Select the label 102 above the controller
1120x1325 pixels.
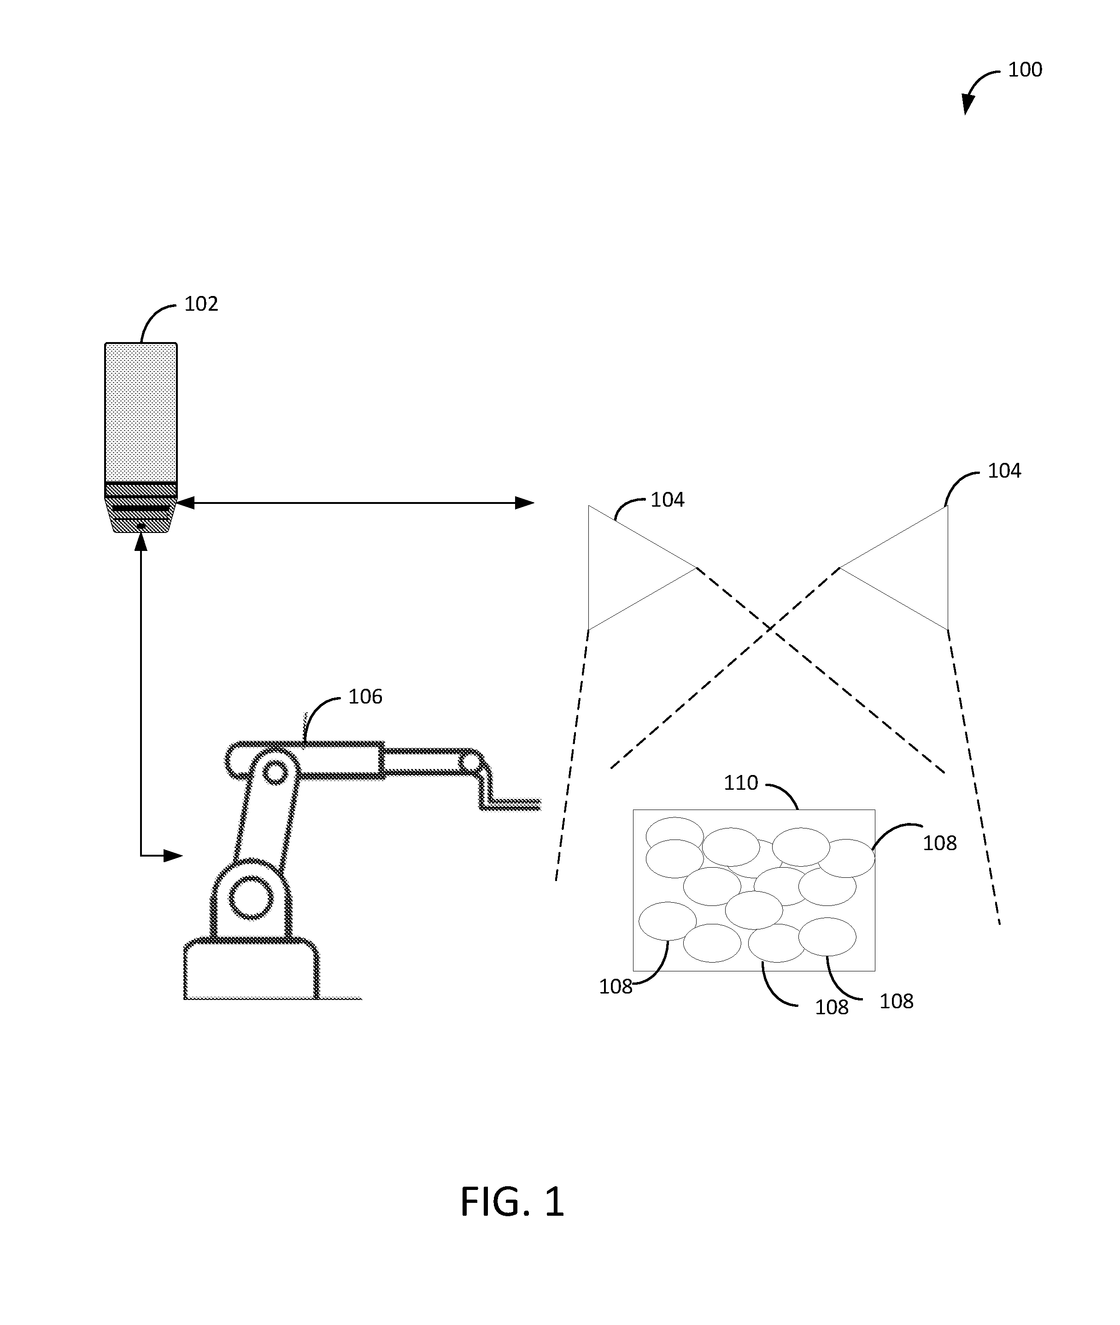point(201,304)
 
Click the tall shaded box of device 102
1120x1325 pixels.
point(141,413)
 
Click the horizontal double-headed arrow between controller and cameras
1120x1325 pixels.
point(356,503)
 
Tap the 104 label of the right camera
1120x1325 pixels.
point(1004,471)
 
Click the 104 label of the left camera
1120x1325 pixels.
point(667,500)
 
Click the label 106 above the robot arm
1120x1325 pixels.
point(365,697)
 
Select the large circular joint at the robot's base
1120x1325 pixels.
point(251,898)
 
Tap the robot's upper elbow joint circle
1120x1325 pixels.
point(274,773)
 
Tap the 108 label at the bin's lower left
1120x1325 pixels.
point(616,987)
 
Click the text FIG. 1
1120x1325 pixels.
point(512,1202)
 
